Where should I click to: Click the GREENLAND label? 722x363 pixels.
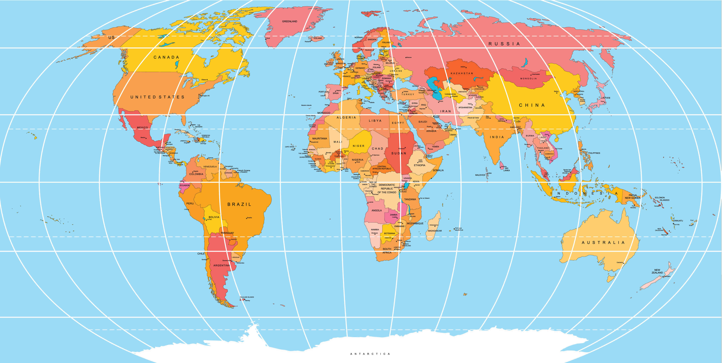[290, 21]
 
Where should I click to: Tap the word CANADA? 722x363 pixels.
[166, 57]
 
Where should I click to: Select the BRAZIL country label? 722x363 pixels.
[239, 204]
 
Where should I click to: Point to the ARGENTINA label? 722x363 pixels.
[221, 265]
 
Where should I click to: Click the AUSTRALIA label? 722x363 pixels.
[603, 243]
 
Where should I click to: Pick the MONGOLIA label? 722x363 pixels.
[528, 79]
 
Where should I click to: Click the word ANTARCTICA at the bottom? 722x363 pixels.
[370, 354]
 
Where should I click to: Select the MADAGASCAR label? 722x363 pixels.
[435, 231]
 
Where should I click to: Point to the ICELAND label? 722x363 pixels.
[318, 38]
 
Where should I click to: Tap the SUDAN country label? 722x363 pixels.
[399, 153]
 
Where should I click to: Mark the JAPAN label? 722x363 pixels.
[605, 98]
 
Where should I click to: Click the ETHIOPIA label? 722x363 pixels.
[420, 165]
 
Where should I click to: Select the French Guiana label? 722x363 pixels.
[244, 171]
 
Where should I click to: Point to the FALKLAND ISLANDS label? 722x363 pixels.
[247, 297]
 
